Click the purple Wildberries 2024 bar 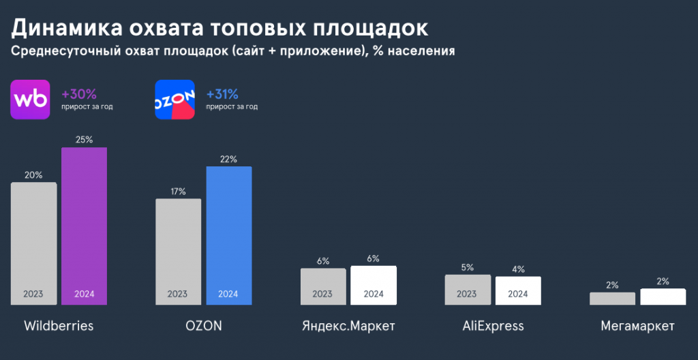85,225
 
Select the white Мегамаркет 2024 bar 663,297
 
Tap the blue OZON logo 175,100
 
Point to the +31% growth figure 222,94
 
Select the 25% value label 85,140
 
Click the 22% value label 229,160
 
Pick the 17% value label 178,192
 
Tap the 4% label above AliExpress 518,269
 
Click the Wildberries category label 59,325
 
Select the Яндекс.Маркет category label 348,325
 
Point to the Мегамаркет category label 638,325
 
